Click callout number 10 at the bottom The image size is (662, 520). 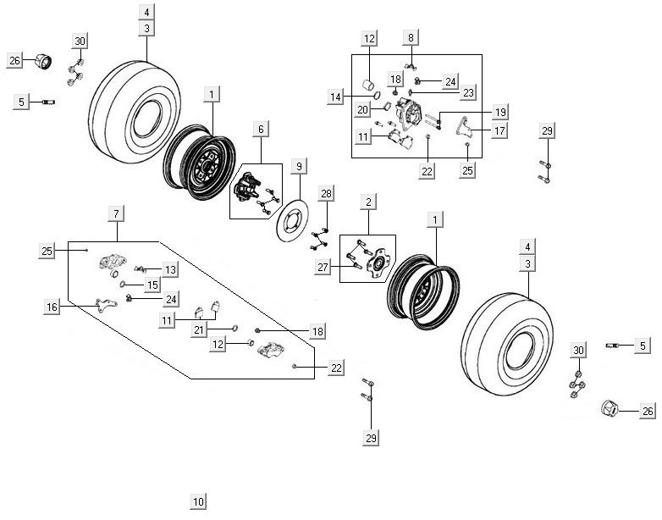(x=198, y=502)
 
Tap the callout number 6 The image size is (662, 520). (x=261, y=129)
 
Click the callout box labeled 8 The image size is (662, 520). (x=411, y=37)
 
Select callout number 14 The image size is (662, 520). (x=336, y=98)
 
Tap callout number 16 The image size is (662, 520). (x=52, y=307)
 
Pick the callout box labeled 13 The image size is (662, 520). (x=171, y=269)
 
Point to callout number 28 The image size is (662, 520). (x=326, y=194)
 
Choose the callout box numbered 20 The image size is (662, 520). (x=362, y=108)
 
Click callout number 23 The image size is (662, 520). (x=468, y=91)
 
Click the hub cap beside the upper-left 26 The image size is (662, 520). (x=42, y=61)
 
